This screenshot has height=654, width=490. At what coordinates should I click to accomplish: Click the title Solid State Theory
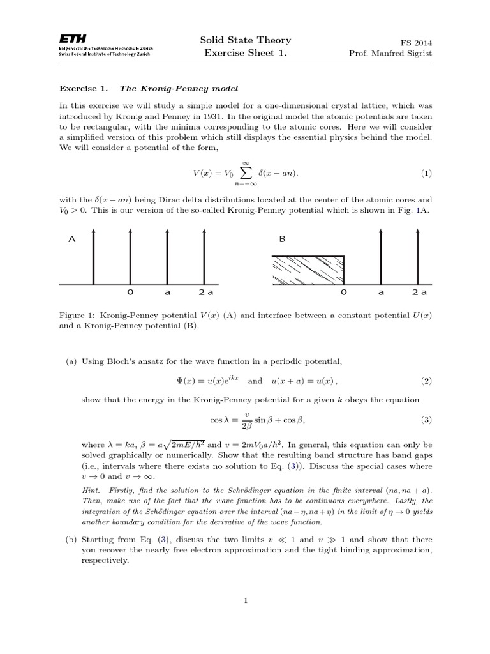(245, 40)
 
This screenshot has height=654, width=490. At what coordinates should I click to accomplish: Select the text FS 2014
(416, 42)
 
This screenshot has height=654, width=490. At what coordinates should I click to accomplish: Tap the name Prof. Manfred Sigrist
(390, 53)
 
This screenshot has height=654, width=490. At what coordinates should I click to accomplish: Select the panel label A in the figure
(71, 240)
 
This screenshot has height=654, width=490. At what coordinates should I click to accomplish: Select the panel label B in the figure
(282, 240)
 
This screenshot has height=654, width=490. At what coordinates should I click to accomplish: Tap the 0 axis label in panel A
(130, 293)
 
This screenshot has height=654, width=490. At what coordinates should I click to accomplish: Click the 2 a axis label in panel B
(419, 293)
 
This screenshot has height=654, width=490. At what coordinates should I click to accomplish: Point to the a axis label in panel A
(167, 293)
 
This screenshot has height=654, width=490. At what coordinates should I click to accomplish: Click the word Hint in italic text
(91, 489)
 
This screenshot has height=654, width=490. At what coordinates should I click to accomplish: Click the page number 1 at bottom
(245, 600)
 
